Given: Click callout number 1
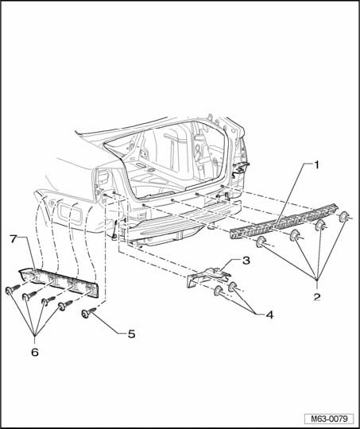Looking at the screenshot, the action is tap(316, 165).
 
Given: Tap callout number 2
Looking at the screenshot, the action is tap(317, 296).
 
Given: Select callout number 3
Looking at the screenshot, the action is tap(246, 261).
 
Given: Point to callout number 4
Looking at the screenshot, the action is tap(269, 315).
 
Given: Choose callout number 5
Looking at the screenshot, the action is tap(132, 334).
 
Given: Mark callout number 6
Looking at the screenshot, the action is tap(35, 352).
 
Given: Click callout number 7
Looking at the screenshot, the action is tap(14, 238).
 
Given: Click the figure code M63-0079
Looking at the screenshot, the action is tap(329, 419).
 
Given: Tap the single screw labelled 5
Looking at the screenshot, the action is tap(89, 313).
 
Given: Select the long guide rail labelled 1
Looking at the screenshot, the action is tap(284, 222).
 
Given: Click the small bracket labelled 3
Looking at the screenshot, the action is tap(207, 277).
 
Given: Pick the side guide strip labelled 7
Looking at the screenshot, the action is tap(58, 282).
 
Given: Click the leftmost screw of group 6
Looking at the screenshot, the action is tap(13, 289).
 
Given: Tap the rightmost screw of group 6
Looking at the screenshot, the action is tap(66, 305).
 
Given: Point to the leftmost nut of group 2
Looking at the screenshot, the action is tap(261, 242).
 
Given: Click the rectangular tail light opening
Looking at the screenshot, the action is tap(70, 213).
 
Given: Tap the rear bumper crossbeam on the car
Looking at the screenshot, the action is tap(184, 222).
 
